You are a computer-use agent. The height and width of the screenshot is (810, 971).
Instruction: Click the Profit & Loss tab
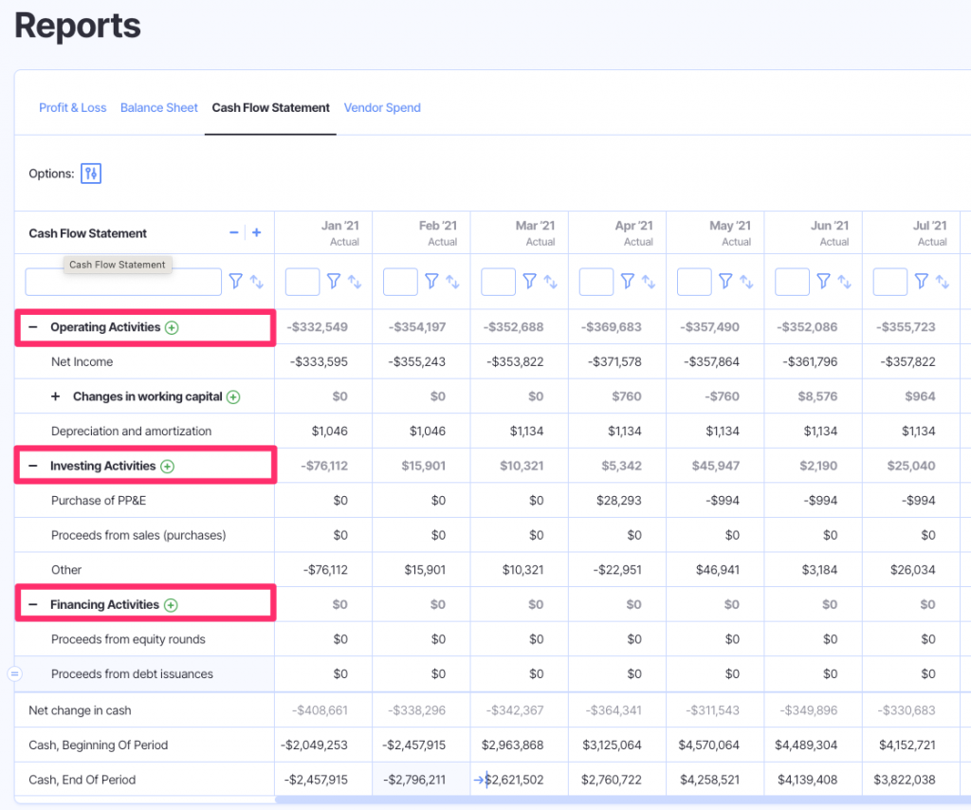click(72, 108)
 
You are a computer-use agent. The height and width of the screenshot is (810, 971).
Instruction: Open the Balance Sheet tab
click(158, 108)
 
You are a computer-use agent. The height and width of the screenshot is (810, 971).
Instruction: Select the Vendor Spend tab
click(382, 108)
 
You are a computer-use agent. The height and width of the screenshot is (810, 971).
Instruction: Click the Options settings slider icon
click(91, 174)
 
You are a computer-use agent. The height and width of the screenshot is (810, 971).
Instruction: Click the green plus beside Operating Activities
click(172, 327)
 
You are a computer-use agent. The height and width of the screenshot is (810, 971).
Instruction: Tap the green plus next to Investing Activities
click(168, 466)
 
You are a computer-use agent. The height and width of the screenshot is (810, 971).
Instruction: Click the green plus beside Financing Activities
click(171, 605)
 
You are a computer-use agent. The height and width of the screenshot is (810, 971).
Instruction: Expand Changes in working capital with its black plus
click(55, 396)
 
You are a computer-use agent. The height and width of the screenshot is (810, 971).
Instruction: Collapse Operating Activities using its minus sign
click(33, 327)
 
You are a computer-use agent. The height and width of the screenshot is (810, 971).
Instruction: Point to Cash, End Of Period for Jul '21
click(907, 780)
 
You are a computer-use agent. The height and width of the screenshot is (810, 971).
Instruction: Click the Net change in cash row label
click(80, 710)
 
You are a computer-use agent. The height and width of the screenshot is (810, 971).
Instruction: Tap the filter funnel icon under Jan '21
click(334, 281)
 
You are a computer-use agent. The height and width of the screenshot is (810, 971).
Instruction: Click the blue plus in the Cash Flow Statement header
click(256, 232)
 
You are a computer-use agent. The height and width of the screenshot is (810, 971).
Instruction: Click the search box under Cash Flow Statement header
click(123, 282)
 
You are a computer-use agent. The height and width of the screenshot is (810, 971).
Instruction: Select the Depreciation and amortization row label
click(131, 431)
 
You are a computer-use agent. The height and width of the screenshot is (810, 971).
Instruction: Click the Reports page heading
click(78, 26)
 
